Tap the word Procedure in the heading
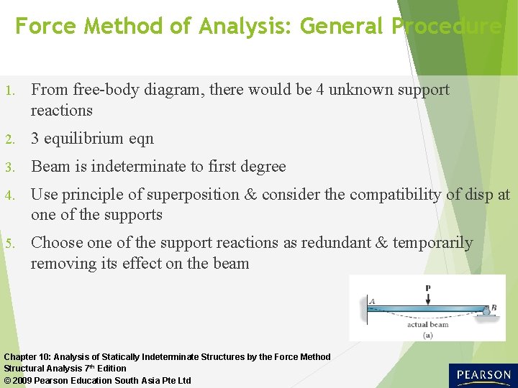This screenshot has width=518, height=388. point(446,27)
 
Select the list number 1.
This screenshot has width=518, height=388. point(9,91)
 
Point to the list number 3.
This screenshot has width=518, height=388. point(9,167)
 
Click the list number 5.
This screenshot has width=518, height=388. point(9,244)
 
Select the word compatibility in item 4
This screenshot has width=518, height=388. point(387,194)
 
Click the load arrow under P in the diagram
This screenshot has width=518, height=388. point(428,297)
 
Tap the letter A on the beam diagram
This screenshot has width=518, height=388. point(372,301)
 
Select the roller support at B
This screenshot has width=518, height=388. point(486,310)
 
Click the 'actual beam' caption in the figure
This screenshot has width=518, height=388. point(427,324)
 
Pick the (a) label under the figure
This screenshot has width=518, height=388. point(428,334)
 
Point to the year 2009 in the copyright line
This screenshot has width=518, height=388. point(24,380)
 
